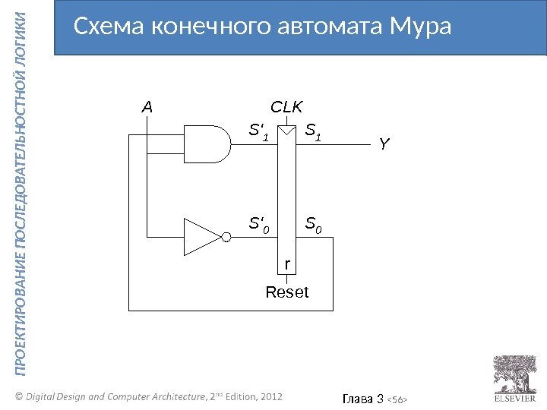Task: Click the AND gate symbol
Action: [x=211, y=143]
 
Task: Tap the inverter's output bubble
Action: [x=226, y=236]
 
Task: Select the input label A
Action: [x=147, y=108]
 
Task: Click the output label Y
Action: [x=384, y=143]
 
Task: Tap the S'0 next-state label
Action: [x=260, y=224]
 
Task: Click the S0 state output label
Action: [x=313, y=224]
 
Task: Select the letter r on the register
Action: [x=287, y=263]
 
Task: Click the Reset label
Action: [x=287, y=292]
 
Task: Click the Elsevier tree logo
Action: [x=516, y=373]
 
